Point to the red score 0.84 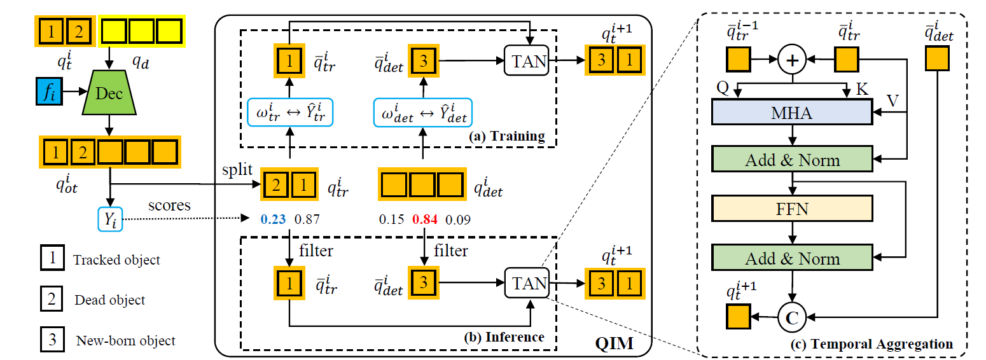click(x=424, y=219)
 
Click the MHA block click(x=792, y=113)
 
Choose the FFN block click(x=792, y=209)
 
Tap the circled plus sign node click(x=792, y=60)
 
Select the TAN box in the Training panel click(x=525, y=60)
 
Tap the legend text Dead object click(x=110, y=300)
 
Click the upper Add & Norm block click(x=792, y=160)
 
